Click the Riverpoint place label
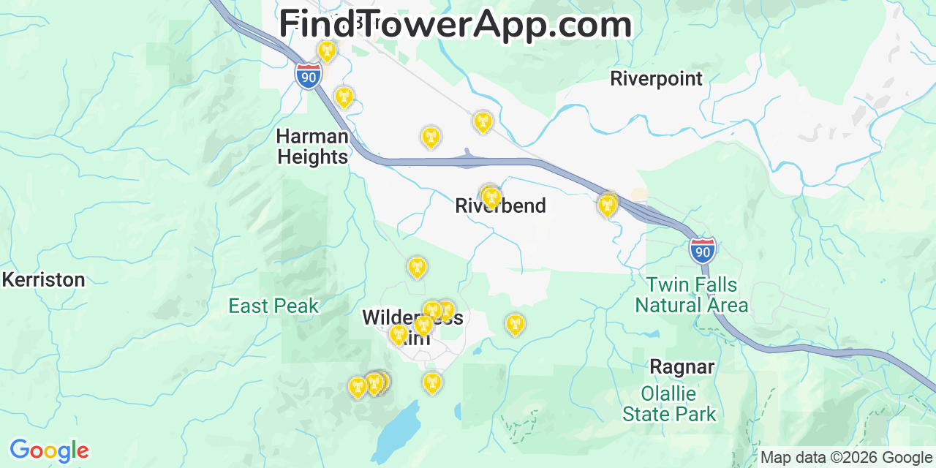656,79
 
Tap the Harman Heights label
312,147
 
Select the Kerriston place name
44,279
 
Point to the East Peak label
273,306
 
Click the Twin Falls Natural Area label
691,295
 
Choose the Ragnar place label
682,366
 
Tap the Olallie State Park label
668,404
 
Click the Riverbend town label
500,206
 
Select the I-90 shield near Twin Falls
702,251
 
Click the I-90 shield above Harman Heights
309,75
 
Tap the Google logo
49,450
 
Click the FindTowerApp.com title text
455,24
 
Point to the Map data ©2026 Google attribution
847,458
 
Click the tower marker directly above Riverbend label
491,196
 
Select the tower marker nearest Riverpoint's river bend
482,121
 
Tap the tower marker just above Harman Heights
343,97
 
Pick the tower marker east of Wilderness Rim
515,323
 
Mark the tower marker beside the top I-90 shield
326,51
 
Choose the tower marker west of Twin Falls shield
607,205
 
